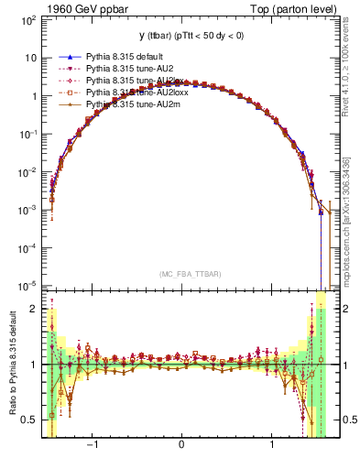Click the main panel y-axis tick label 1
coord(34,95)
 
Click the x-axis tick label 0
coord(181,446)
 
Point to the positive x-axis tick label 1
coord(272,446)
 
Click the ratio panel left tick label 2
coord(34,309)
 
